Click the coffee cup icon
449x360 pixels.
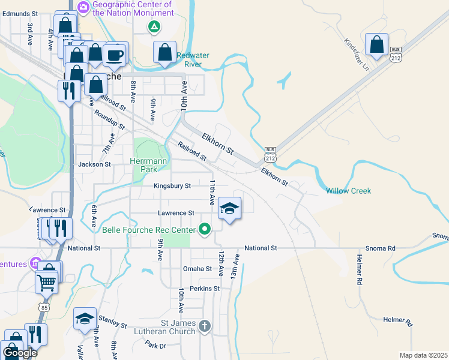[115, 55]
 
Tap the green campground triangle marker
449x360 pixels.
[154, 26]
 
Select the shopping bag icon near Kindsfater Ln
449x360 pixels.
[376, 45]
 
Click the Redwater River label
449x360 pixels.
[193, 59]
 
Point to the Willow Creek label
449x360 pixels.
[348, 191]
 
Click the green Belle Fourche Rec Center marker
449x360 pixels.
[205, 229]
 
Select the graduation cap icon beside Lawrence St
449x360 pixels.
[229, 209]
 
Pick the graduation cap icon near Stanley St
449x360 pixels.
[85, 319]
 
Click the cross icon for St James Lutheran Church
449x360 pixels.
[205, 326]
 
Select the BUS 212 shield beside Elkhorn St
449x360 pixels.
[270, 154]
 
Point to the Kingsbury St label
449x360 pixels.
[172, 186]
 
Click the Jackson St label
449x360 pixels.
[94, 164]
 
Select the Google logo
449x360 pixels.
[20, 353]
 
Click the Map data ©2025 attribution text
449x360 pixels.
[423, 355]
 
